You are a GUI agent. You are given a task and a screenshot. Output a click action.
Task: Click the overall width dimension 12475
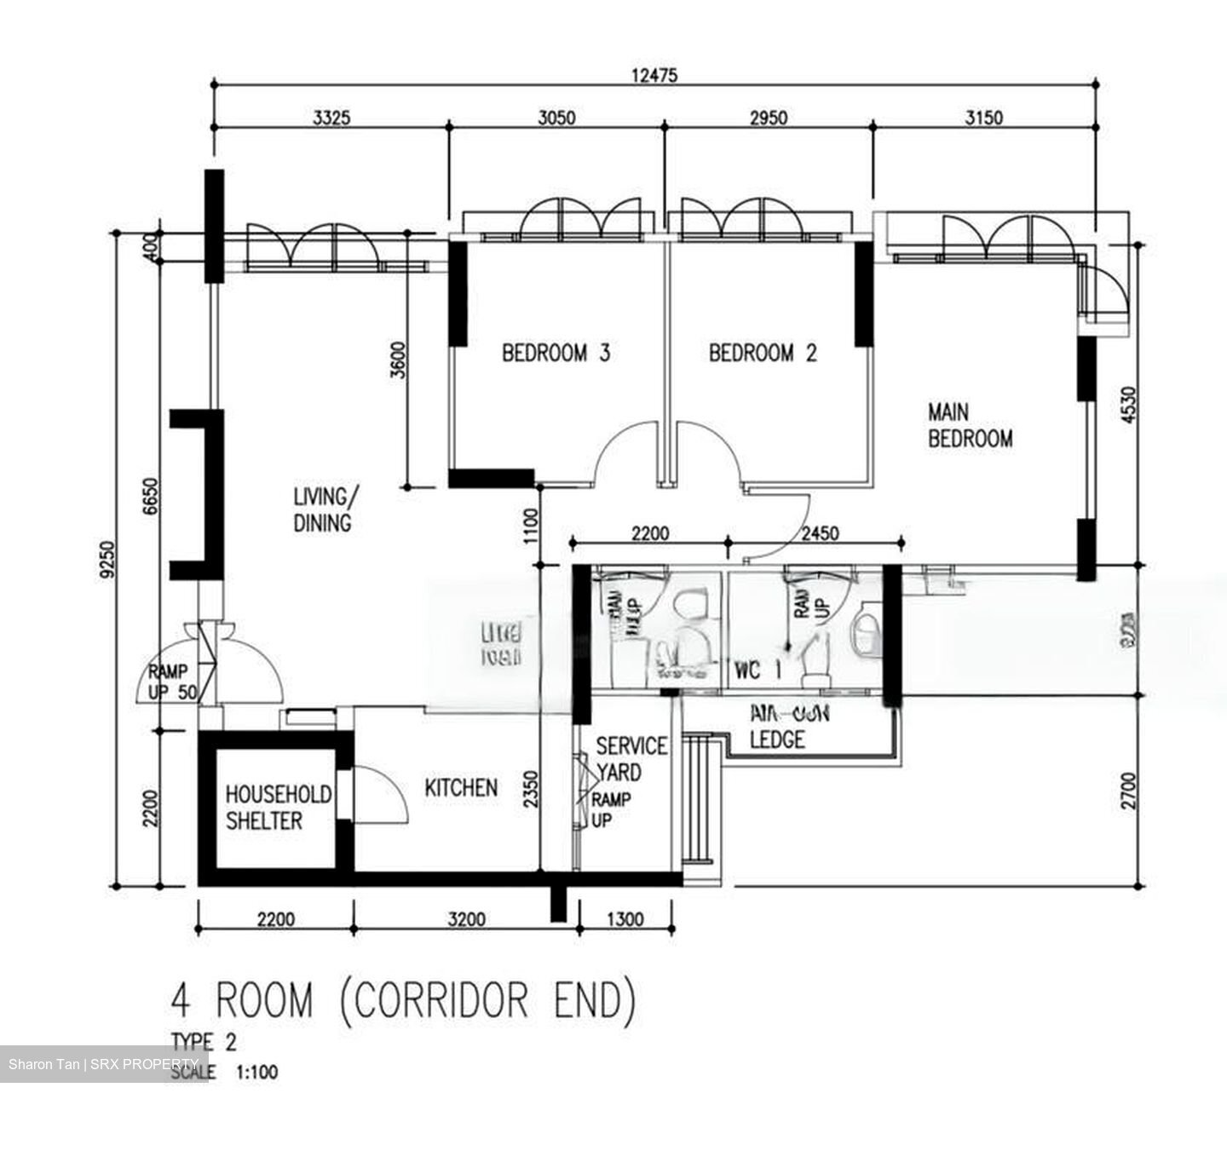point(654,75)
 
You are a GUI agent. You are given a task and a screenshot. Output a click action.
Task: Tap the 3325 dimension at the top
point(331,118)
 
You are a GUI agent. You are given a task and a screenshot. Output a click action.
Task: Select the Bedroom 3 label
point(556,353)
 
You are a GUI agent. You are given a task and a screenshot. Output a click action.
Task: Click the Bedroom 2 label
point(763,353)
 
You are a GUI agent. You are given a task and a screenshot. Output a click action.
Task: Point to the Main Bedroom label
point(970,426)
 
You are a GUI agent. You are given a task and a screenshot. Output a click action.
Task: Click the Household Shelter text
point(278,808)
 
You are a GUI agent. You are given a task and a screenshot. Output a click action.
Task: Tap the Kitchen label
point(461,788)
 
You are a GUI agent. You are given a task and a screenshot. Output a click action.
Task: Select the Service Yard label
point(631,759)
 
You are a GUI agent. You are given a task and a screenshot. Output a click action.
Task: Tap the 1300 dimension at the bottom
point(625,919)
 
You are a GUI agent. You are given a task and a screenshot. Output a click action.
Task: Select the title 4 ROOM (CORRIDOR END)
point(404,1000)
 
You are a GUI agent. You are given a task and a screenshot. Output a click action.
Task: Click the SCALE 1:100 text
point(225,1071)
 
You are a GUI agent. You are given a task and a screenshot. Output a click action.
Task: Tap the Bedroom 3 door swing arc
point(624,452)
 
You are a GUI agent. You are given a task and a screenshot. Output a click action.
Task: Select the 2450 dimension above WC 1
point(820,534)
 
